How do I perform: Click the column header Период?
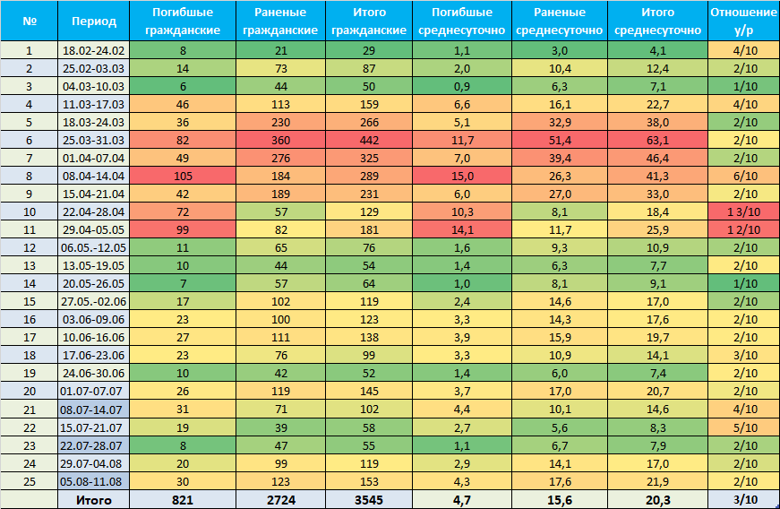click(x=93, y=21)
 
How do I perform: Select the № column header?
click(x=30, y=21)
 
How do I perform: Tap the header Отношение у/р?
click(x=743, y=21)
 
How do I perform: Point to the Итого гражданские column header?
click(x=369, y=21)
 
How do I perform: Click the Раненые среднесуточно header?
click(x=560, y=21)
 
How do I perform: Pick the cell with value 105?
click(x=183, y=177)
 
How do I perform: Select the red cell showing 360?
click(x=281, y=141)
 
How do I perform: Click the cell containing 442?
click(x=369, y=141)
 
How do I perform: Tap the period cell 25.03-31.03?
click(x=93, y=141)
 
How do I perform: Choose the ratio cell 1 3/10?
click(x=743, y=212)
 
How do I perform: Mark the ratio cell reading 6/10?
click(x=743, y=177)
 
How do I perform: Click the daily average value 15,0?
click(x=462, y=177)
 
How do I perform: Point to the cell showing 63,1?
click(x=657, y=141)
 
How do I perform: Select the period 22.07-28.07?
click(x=93, y=445)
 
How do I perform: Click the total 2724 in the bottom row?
click(x=281, y=500)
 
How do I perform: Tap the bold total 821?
click(x=183, y=500)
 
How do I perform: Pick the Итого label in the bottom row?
click(x=93, y=500)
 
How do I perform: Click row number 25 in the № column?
click(x=30, y=481)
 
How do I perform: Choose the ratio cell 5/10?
click(x=743, y=427)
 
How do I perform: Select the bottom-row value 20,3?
click(x=657, y=500)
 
